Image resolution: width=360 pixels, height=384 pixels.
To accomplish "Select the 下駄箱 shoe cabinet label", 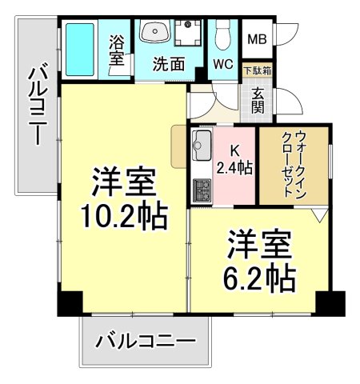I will pos(258,70).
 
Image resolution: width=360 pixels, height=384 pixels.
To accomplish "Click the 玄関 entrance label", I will pos(258,102).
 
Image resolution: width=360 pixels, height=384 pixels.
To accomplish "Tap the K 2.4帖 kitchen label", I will pos(234,159).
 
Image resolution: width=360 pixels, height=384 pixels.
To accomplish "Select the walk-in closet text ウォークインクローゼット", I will pos(293,163).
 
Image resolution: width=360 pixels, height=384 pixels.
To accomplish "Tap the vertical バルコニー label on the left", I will pos(37,105).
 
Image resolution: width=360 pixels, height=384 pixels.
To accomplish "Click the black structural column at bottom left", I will pos(70,303).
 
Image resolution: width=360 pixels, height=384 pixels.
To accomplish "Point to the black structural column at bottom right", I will pos(329,303).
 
